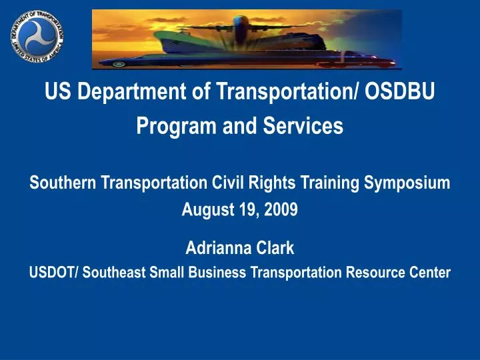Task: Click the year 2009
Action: (x=281, y=211)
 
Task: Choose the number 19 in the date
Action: (x=249, y=211)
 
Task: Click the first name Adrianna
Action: (x=218, y=249)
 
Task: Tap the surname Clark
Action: (x=275, y=249)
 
